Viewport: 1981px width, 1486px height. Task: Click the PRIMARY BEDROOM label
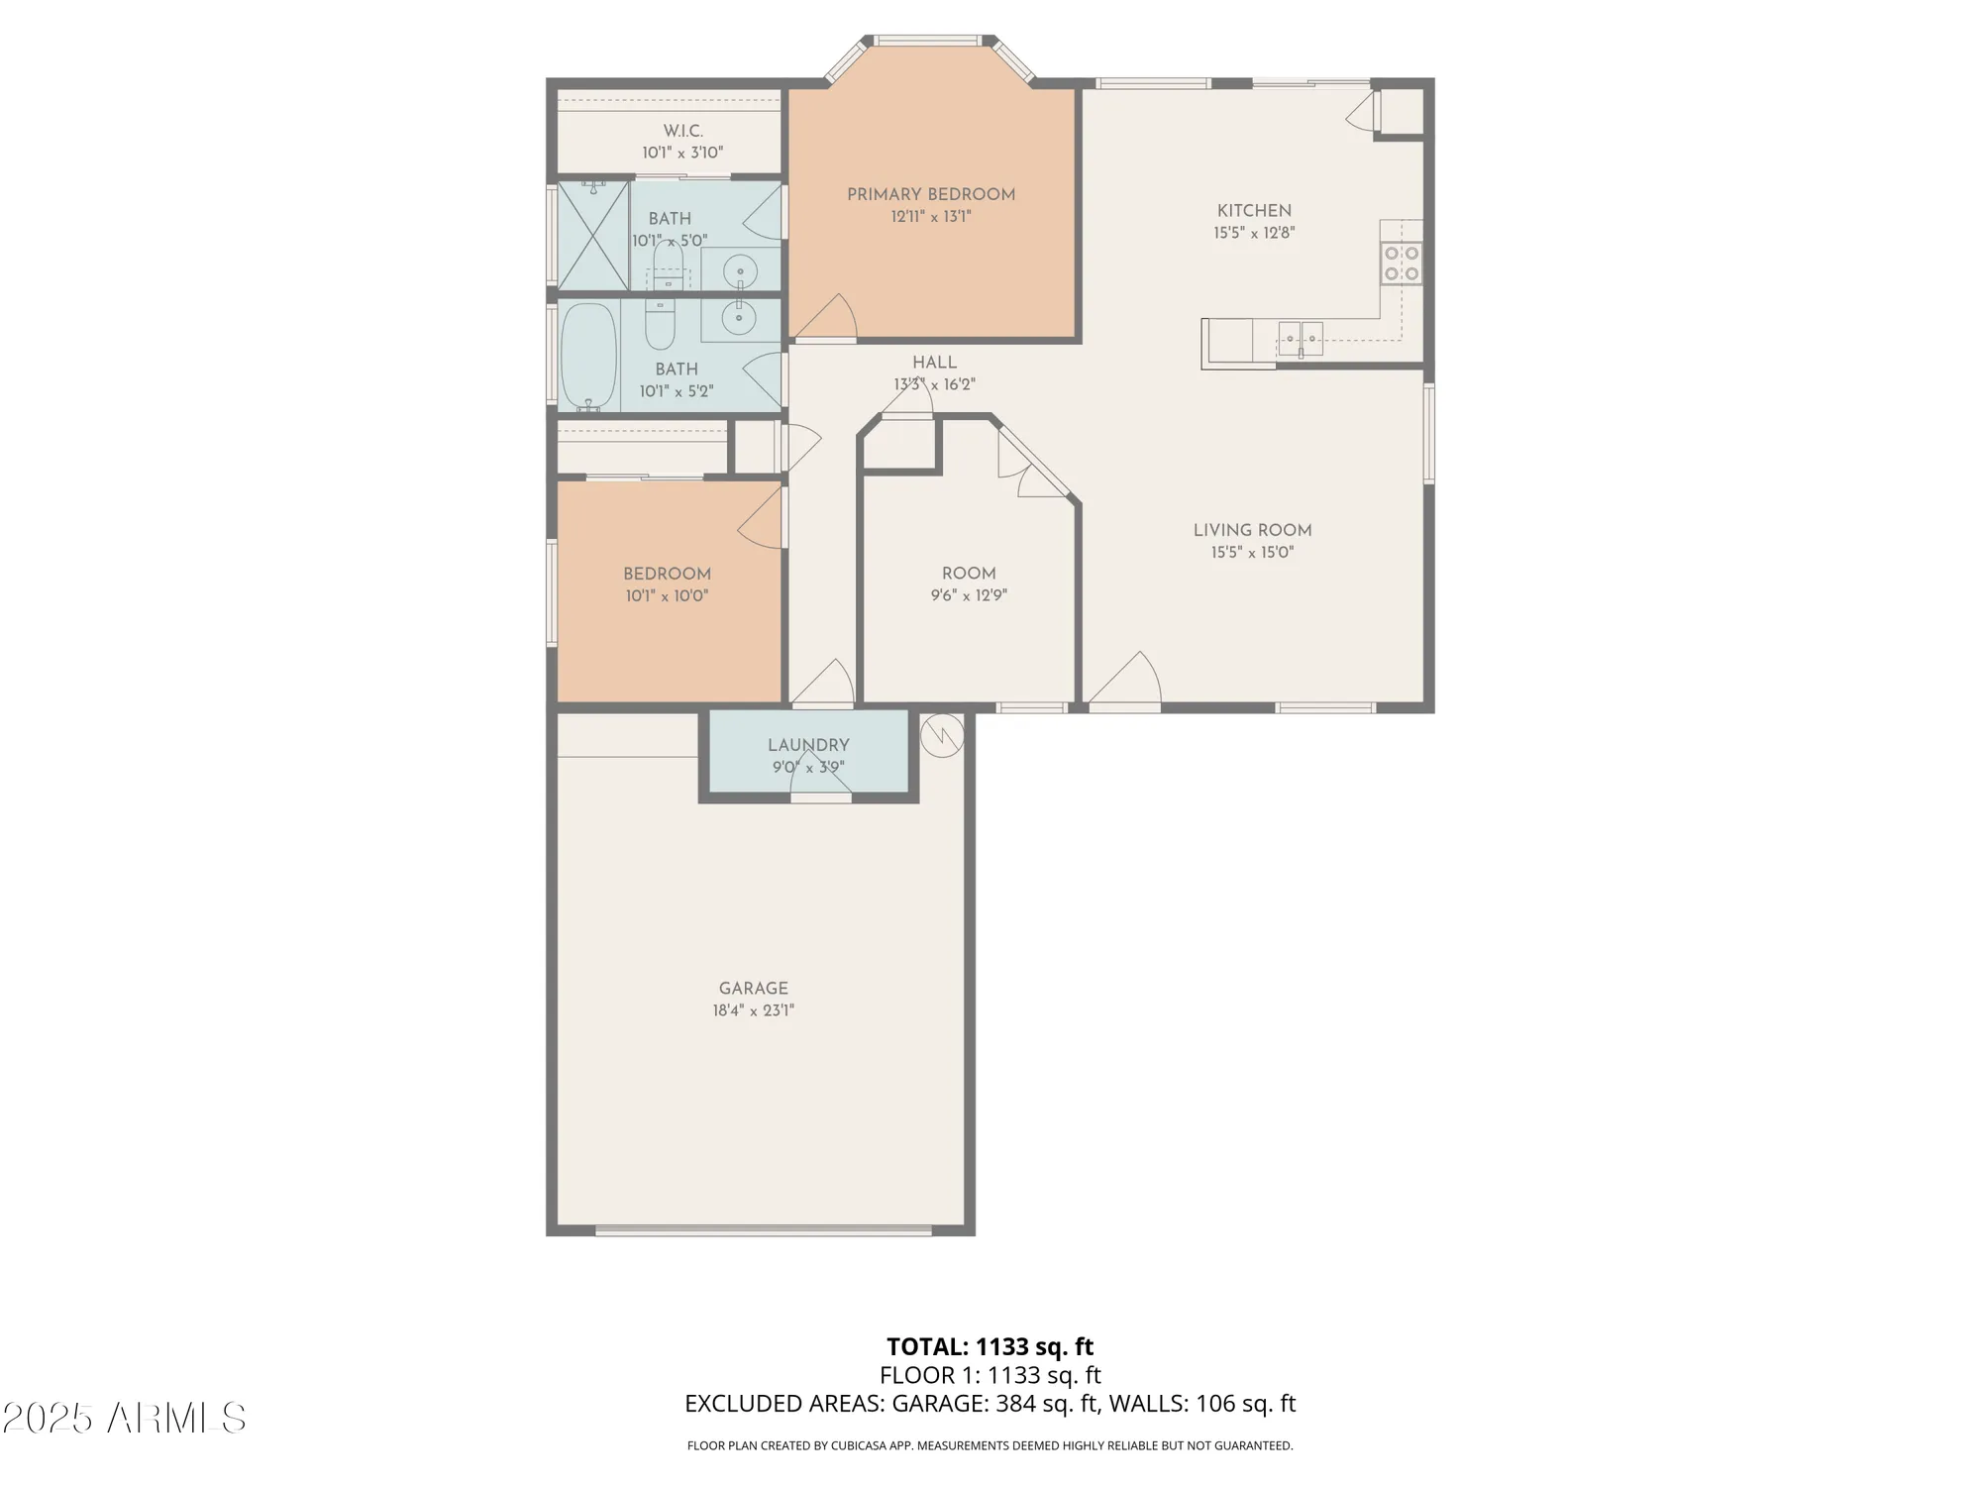point(930,195)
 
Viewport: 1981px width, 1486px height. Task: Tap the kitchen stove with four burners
point(1402,264)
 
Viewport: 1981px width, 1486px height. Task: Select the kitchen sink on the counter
point(1300,339)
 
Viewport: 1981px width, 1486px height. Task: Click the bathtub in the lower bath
point(588,357)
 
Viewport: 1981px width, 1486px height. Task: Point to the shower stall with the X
point(593,236)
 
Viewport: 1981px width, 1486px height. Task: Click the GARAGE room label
point(753,988)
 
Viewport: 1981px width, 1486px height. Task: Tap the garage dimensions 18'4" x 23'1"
point(753,1010)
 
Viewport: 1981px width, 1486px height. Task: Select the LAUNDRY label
point(808,745)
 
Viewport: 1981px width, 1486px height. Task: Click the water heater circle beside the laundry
point(941,734)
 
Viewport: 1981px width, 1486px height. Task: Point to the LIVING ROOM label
point(1252,530)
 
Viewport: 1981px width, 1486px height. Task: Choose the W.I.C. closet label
point(682,131)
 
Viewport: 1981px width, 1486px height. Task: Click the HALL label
point(934,363)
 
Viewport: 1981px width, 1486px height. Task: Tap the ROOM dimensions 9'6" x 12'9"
point(968,595)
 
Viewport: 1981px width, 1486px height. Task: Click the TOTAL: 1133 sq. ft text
point(990,1346)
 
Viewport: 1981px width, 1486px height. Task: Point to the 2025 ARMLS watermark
point(124,1419)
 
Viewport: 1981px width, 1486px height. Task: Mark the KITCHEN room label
point(1254,210)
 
